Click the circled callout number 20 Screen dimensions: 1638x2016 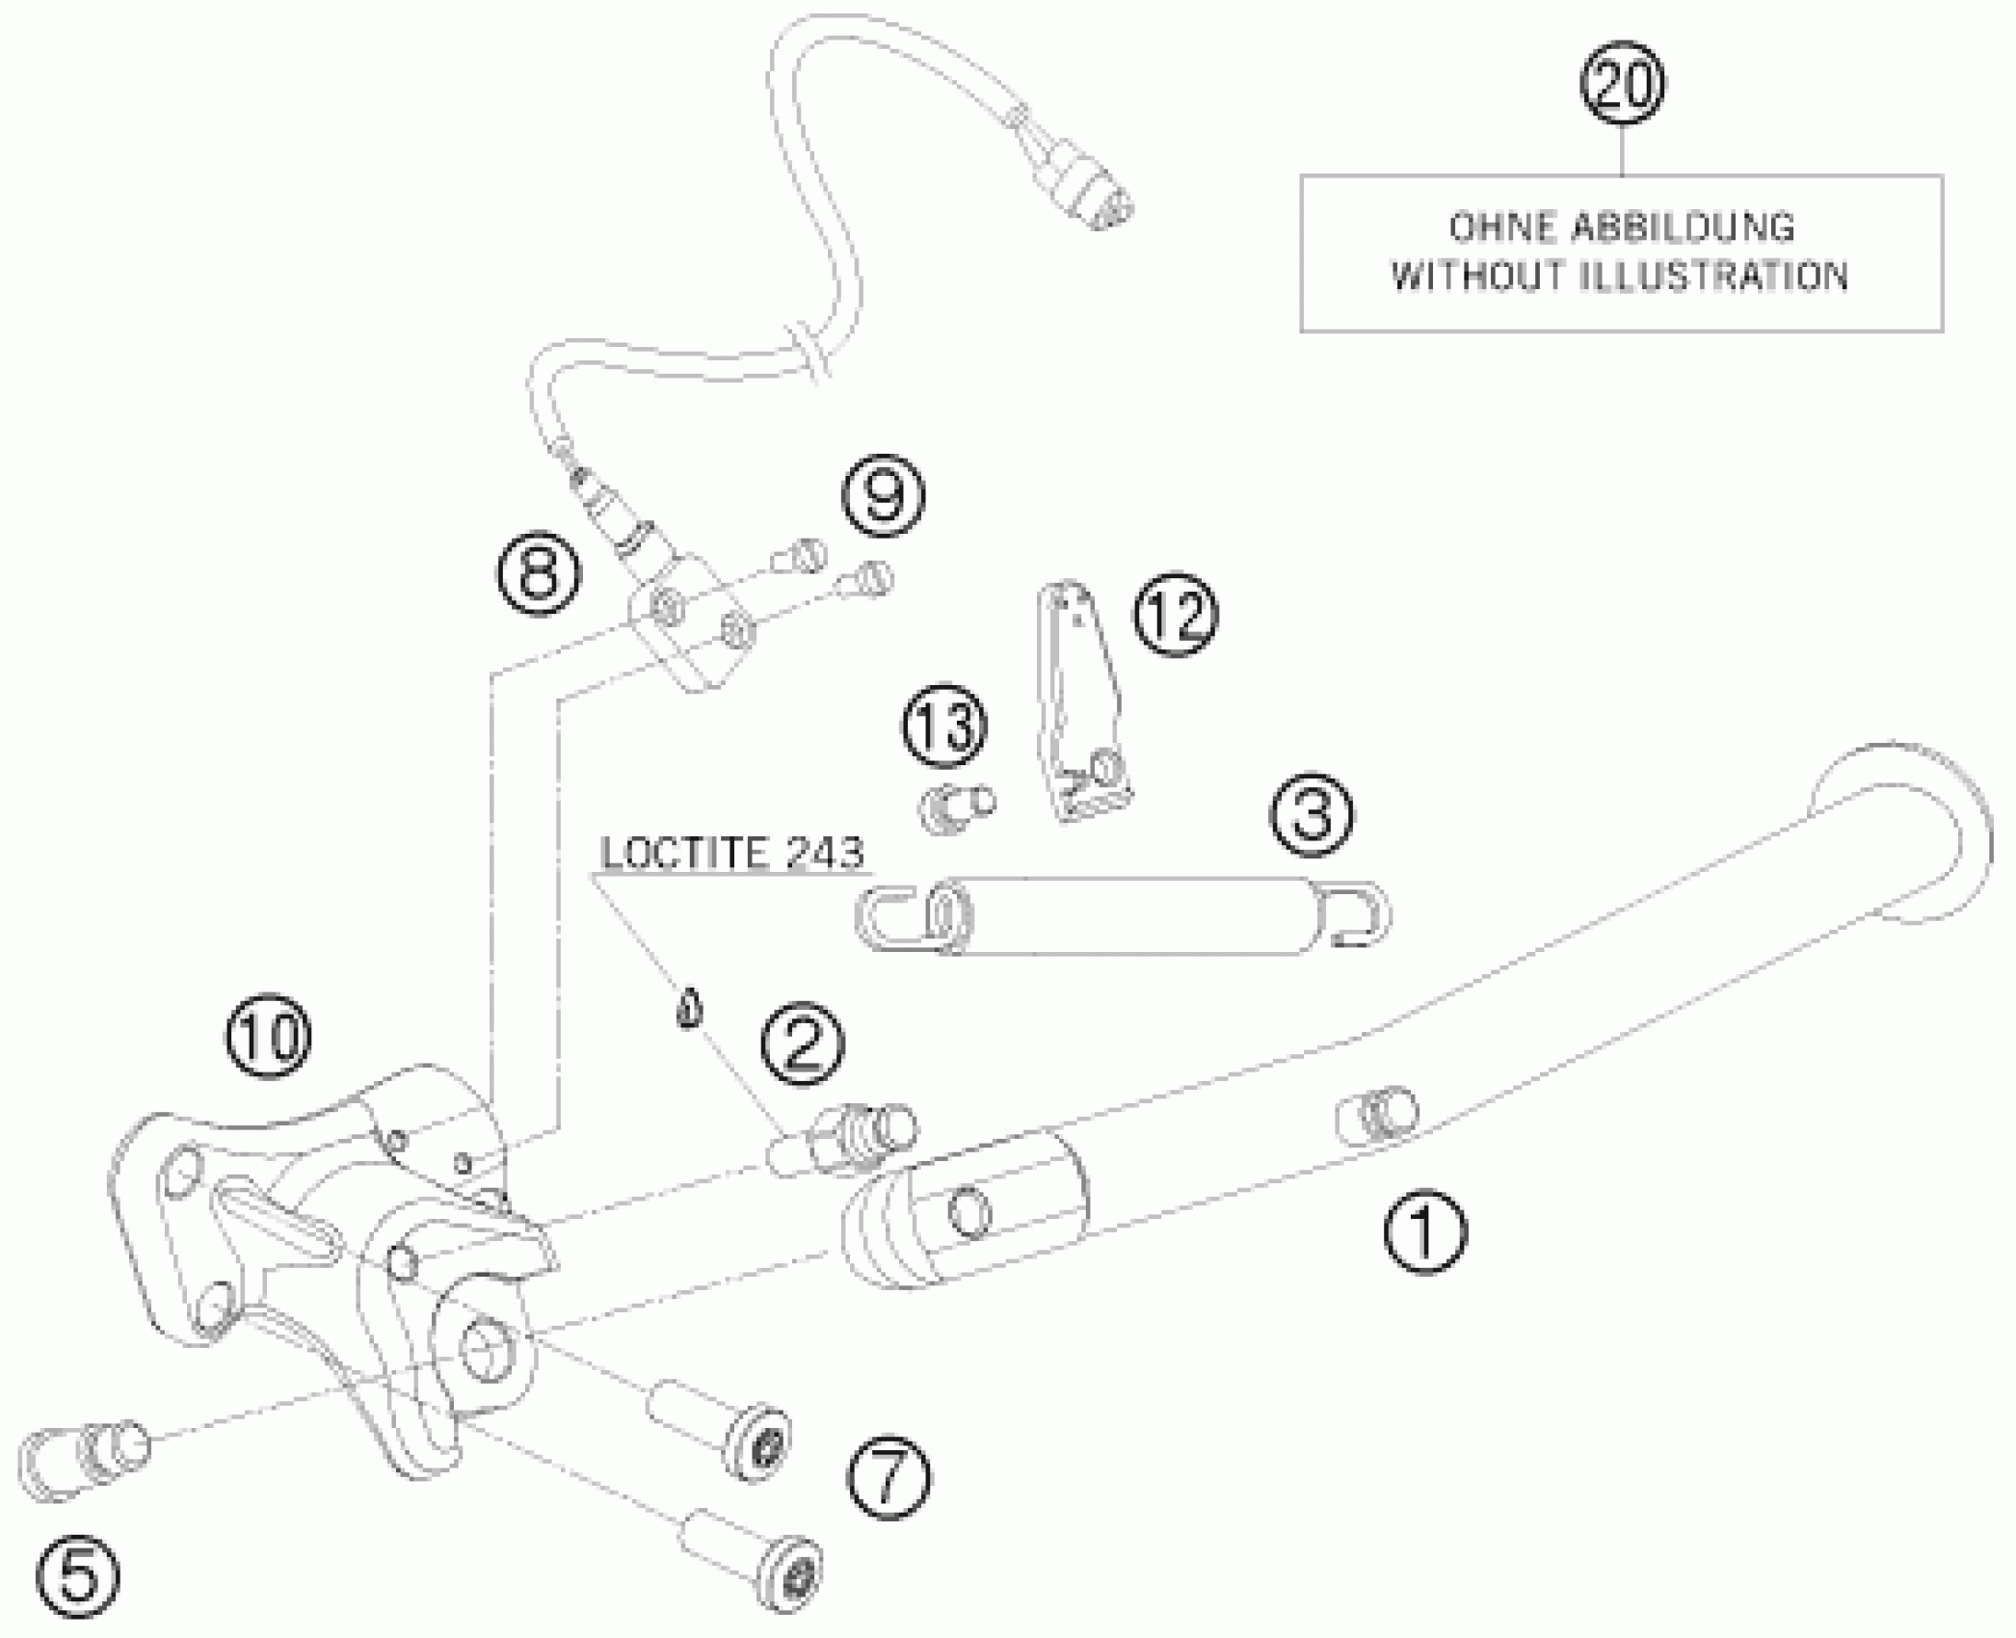(x=1623, y=85)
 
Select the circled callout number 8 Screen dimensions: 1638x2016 (x=540, y=575)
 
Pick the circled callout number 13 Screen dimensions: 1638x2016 (x=945, y=727)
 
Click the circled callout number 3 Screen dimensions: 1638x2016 (x=1311, y=815)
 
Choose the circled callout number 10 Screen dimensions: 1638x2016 (x=270, y=1037)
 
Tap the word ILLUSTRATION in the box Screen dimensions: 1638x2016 (x=1715, y=277)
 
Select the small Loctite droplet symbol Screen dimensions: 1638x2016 (x=687, y=1011)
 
